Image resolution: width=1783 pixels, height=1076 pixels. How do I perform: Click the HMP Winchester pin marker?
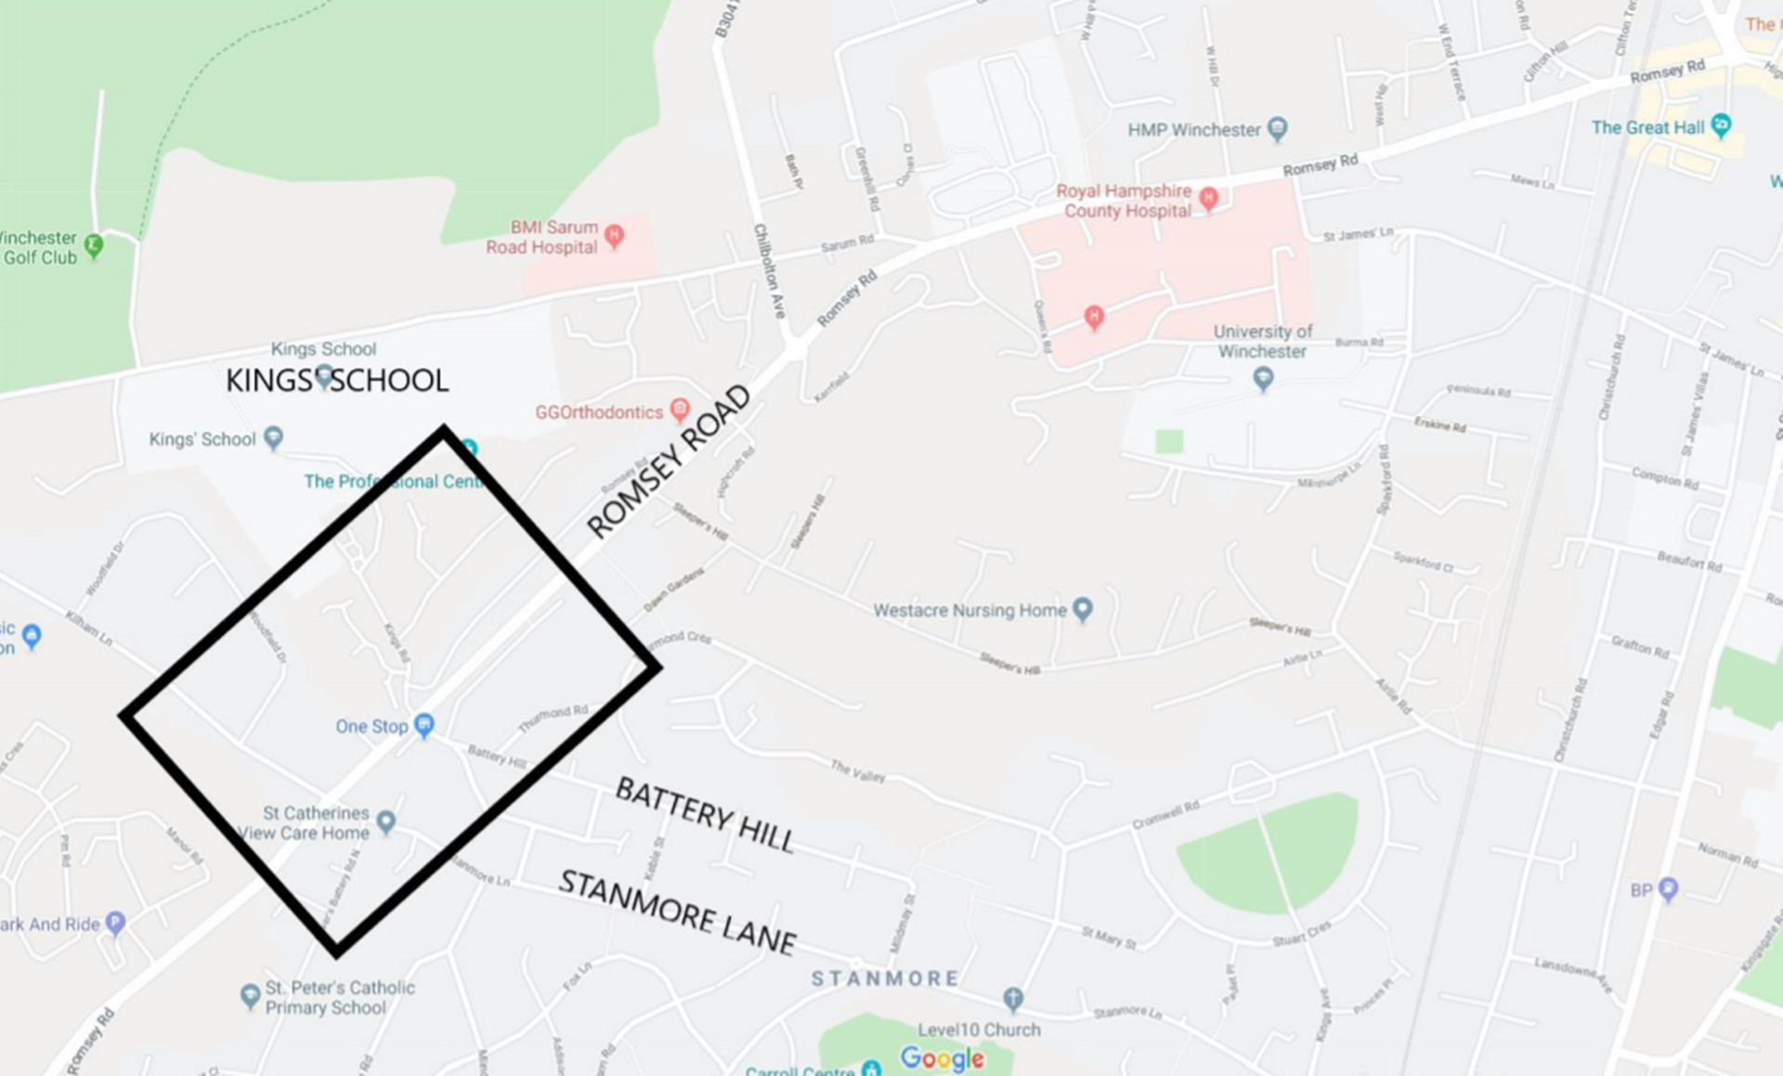(1278, 128)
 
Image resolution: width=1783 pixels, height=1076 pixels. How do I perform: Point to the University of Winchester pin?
(1262, 378)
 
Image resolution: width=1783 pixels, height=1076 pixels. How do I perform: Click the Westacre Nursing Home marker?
(1083, 609)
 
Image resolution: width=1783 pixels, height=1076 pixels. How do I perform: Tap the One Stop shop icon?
(424, 724)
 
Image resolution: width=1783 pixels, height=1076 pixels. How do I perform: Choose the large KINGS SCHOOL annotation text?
(337, 381)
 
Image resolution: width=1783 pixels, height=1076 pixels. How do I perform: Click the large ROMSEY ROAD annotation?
(669, 461)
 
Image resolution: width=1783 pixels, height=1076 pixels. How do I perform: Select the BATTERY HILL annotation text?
(705, 814)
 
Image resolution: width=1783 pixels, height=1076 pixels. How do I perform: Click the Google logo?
(942, 1058)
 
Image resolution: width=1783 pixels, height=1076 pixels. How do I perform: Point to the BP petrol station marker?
(1669, 888)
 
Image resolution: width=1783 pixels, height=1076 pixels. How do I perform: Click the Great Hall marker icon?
(1721, 124)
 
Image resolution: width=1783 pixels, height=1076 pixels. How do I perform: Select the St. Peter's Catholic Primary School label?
(339, 997)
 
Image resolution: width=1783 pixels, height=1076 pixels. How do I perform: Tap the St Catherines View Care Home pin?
(386, 821)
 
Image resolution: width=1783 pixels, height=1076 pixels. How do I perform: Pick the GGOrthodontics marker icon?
(680, 409)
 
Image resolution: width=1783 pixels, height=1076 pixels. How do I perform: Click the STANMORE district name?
(885, 979)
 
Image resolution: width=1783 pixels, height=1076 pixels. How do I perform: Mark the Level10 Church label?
(979, 1030)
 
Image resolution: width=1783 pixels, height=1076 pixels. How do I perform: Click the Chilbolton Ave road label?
(770, 270)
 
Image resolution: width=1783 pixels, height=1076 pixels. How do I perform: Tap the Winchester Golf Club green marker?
(94, 246)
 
